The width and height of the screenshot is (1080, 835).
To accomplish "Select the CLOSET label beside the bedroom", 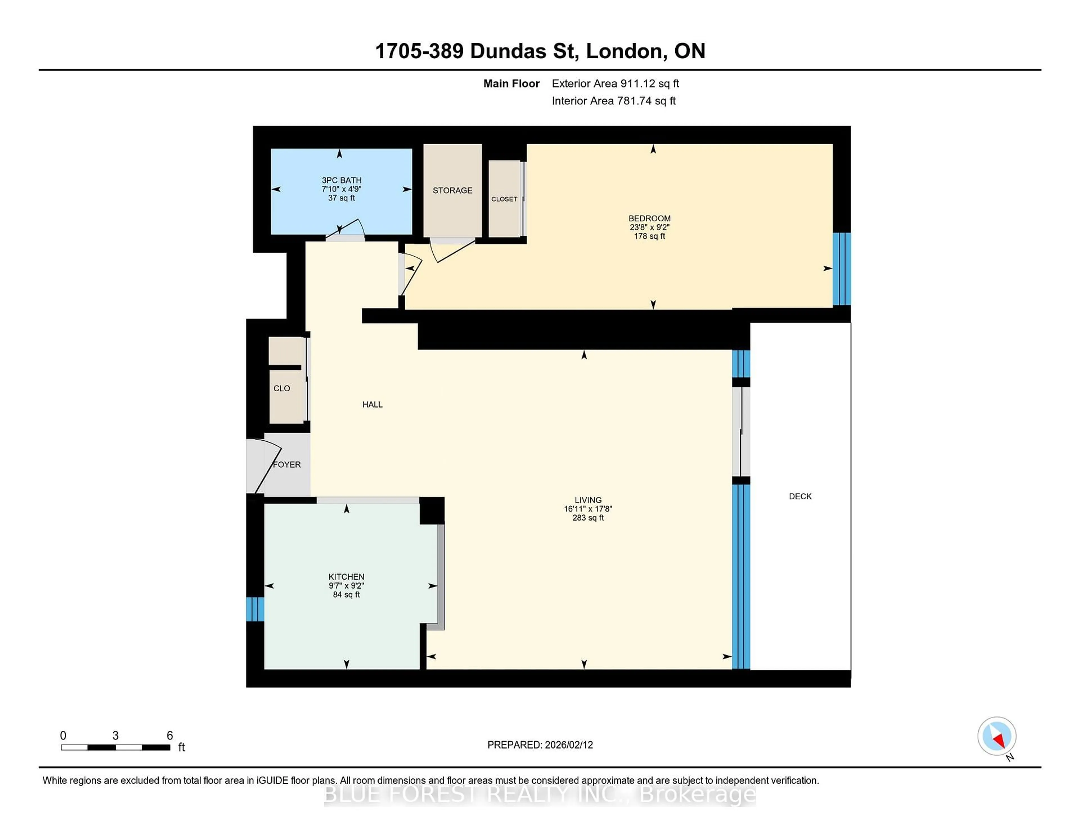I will tap(504, 199).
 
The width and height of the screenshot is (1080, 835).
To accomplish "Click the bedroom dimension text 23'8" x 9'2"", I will tap(649, 227).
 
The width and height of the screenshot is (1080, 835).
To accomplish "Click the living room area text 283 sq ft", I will tap(588, 518).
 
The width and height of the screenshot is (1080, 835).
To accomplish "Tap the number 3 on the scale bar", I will tap(115, 736).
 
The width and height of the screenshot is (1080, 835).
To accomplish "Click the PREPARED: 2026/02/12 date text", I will tap(540, 745).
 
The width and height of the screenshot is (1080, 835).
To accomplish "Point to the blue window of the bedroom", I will tap(842, 269).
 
